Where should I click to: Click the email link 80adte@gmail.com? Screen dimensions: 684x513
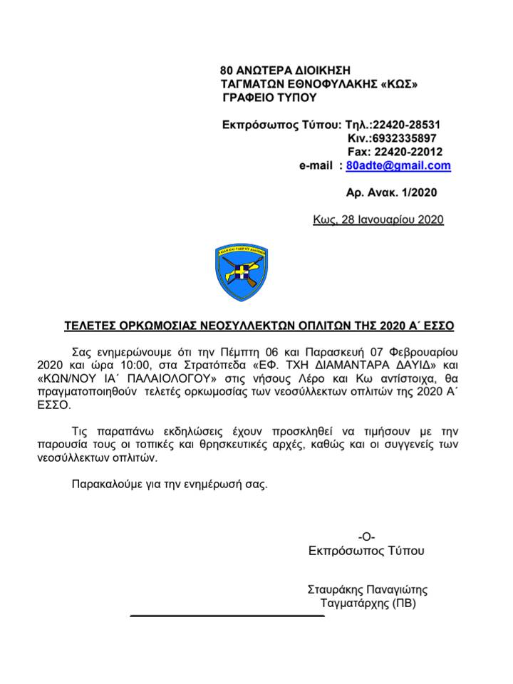coord(398,165)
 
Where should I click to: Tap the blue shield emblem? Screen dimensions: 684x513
coord(242,271)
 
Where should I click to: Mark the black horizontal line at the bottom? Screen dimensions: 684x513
coord(227,616)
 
